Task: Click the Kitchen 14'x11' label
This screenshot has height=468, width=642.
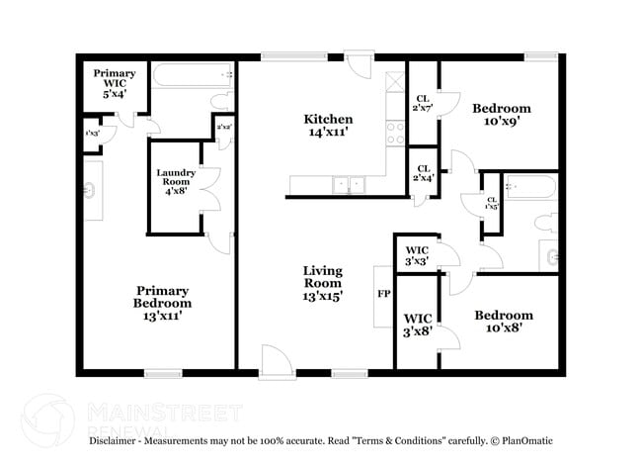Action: coord(327,126)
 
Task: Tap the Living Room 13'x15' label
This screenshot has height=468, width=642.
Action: coord(322,282)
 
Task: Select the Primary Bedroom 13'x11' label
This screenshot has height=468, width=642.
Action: coord(163,303)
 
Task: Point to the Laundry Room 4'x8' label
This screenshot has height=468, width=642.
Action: coord(176,184)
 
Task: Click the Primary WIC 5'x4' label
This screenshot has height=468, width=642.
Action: coord(115,81)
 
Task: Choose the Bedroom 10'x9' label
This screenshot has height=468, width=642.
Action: coord(501,116)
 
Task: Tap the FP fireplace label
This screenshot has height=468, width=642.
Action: coord(383,294)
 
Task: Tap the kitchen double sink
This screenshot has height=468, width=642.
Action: coord(348,184)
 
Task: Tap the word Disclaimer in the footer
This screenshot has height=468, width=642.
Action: coord(118,440)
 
